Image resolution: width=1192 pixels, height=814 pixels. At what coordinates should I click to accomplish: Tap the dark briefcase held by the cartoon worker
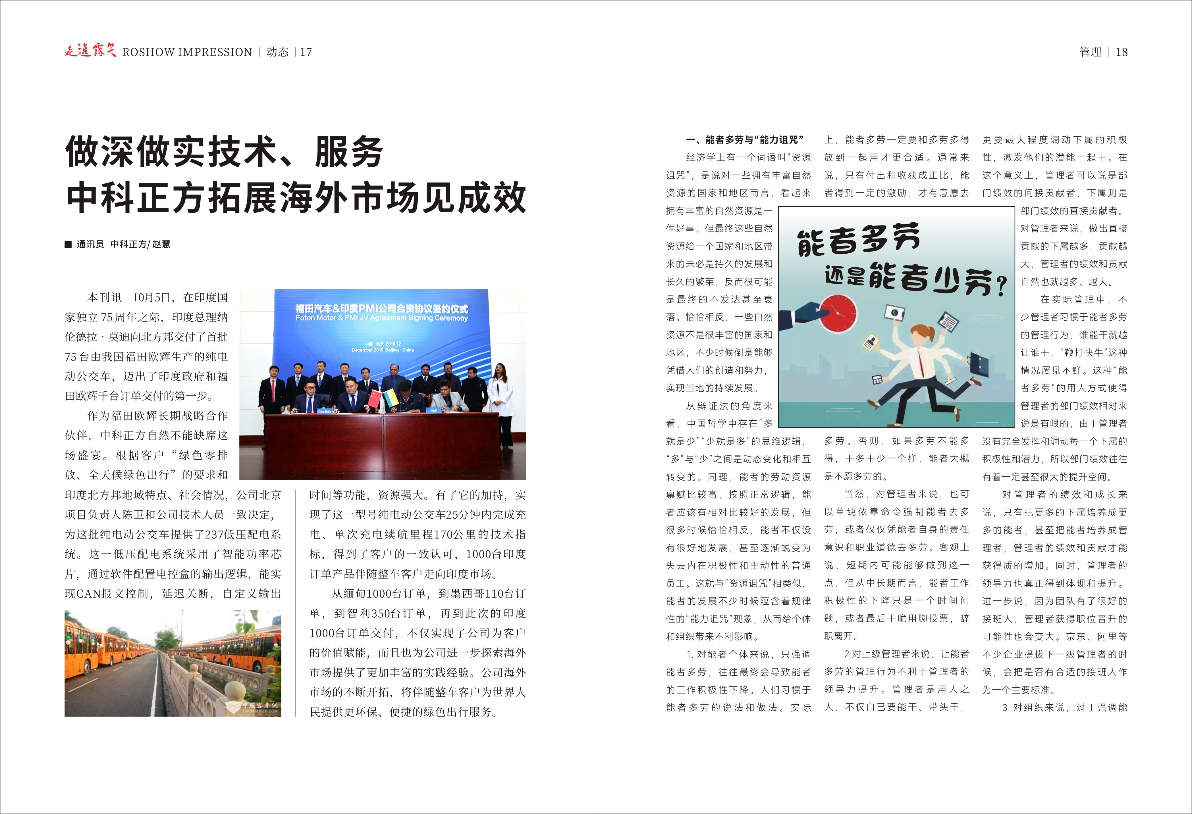coord(978,363)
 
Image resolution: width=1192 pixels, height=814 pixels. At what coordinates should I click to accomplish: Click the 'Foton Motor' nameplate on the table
coord(324,411)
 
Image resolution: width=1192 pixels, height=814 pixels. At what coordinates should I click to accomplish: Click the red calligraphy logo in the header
coord(90,51)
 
